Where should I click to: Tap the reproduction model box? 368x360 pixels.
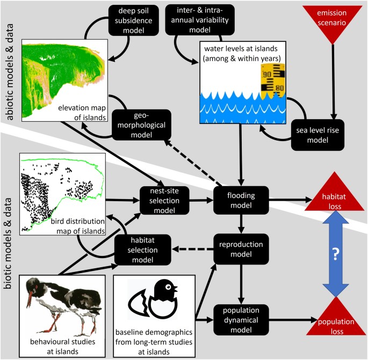coord(241,249)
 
